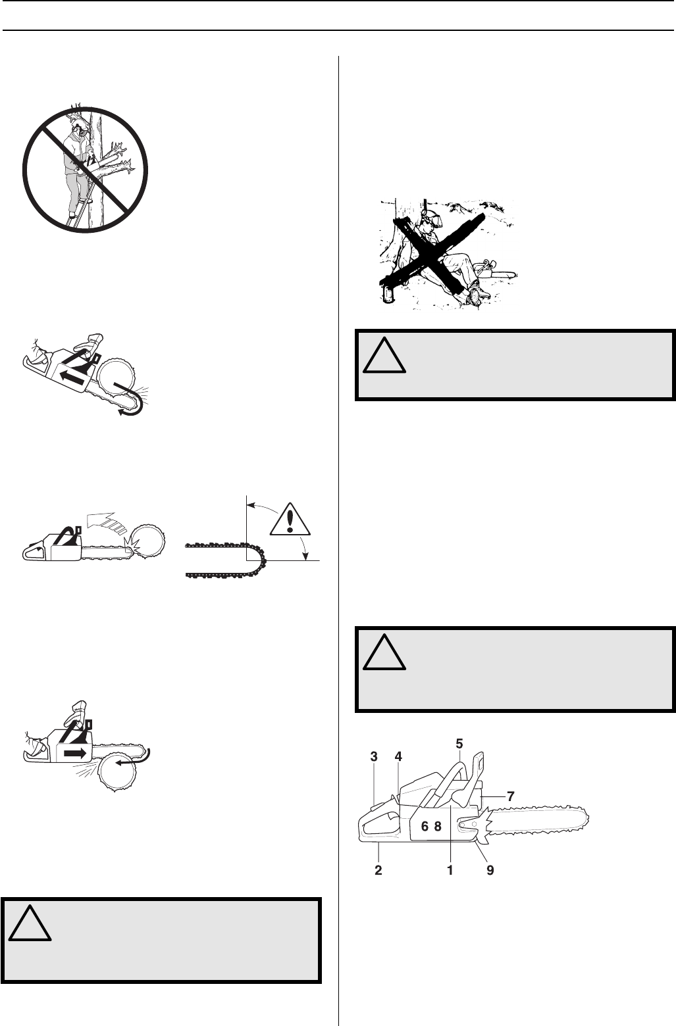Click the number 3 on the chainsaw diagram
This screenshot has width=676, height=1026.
pos(374,757)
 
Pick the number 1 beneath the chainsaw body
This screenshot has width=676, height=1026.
pos(450,869)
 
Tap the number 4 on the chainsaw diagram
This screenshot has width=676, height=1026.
pos(398,757)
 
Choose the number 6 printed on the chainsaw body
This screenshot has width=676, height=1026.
pos(425,828)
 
